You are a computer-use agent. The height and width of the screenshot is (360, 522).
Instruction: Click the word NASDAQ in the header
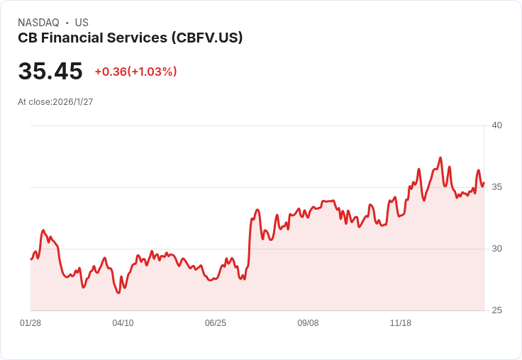tap(38, 23)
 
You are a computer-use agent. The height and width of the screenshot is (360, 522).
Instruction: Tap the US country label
tap(82, 23)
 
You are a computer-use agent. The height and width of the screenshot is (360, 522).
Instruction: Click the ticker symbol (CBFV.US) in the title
tap(207, 38)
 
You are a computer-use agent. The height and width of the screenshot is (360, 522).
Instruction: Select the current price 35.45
tap(50, 71)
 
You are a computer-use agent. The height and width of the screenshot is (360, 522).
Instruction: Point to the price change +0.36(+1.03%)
tap(135, 72)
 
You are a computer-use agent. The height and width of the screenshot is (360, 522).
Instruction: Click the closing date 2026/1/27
tap(73, 102)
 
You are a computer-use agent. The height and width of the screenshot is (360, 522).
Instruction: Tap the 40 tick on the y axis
tap(496, 125)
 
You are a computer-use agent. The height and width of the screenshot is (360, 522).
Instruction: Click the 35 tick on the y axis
tap(496, 187)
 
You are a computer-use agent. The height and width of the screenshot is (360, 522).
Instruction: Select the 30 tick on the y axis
tap(496, 249)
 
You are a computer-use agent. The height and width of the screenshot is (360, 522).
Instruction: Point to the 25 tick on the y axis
tap(496, 310)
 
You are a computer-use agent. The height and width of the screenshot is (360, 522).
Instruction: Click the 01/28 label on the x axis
tap(30, 323)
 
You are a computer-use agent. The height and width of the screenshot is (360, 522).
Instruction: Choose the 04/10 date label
tap(123, 323)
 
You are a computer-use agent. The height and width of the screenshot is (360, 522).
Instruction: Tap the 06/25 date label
tap(216, 323)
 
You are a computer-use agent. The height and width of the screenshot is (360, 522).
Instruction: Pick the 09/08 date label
tap(308, 323)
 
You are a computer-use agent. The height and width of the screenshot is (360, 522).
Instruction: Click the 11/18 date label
tap(401, 323)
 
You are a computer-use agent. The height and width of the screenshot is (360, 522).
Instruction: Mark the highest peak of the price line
tap(440, 158)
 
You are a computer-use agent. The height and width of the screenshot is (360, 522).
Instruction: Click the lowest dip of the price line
tap(118, 293)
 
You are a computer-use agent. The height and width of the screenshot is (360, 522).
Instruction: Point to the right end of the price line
tap(484, 183)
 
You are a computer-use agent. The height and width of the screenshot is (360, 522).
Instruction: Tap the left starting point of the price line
tap(31, 259)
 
